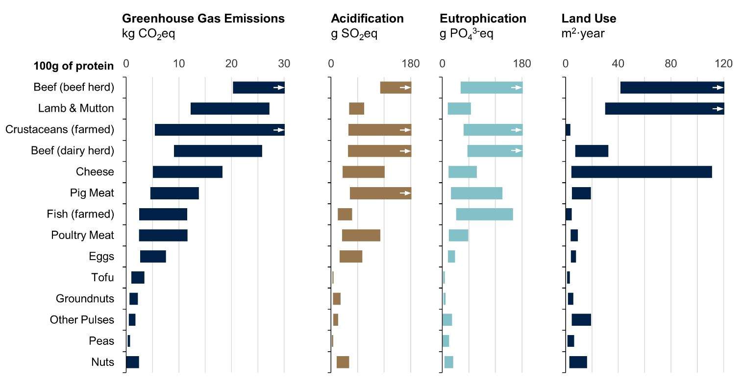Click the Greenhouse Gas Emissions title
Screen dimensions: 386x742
[203, 19]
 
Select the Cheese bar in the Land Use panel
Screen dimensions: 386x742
[641, 172]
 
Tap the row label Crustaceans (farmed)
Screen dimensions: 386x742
[60, 130]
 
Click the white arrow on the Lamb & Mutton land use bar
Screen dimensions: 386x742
[717, 109]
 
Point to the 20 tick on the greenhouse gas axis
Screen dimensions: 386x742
[231, 64]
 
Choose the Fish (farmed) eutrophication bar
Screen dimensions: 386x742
[484, 215]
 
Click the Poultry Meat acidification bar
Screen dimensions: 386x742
[361, 236]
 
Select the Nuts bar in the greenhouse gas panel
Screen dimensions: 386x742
[132, 362]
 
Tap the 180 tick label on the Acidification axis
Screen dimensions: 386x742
[410, 64]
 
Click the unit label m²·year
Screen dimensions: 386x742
[583, 34]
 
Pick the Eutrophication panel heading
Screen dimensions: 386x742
[483, 19]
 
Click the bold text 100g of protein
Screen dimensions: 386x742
[74, 66]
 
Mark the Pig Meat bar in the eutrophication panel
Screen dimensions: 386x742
[476, 193]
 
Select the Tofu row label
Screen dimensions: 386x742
[102, 278]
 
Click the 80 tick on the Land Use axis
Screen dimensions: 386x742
[670, 64]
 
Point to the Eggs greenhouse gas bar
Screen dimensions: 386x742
[153, 257]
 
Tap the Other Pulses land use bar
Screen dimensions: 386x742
[581, 320]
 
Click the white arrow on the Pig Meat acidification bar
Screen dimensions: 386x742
[404, 193]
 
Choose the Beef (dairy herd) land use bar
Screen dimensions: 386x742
[592, 151]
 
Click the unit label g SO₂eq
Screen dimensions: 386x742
[354, 34]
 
